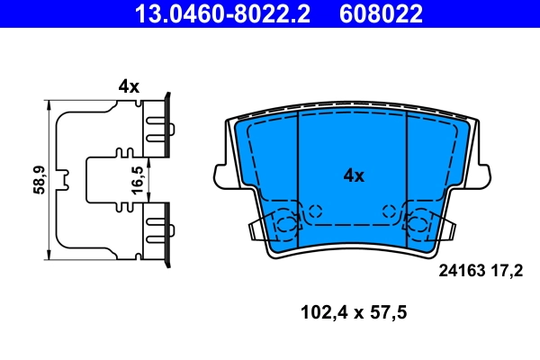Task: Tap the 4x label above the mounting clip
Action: [129, 86]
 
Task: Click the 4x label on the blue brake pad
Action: [353, 176]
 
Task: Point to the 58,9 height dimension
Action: [36, 181]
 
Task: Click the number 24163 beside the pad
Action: [460, 269]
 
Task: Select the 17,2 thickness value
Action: [507, 269]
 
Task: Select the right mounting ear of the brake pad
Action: [486, 175]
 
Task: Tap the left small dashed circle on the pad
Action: [314, 211]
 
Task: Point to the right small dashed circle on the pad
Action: [390, 211]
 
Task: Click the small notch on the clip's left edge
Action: [61, 181]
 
